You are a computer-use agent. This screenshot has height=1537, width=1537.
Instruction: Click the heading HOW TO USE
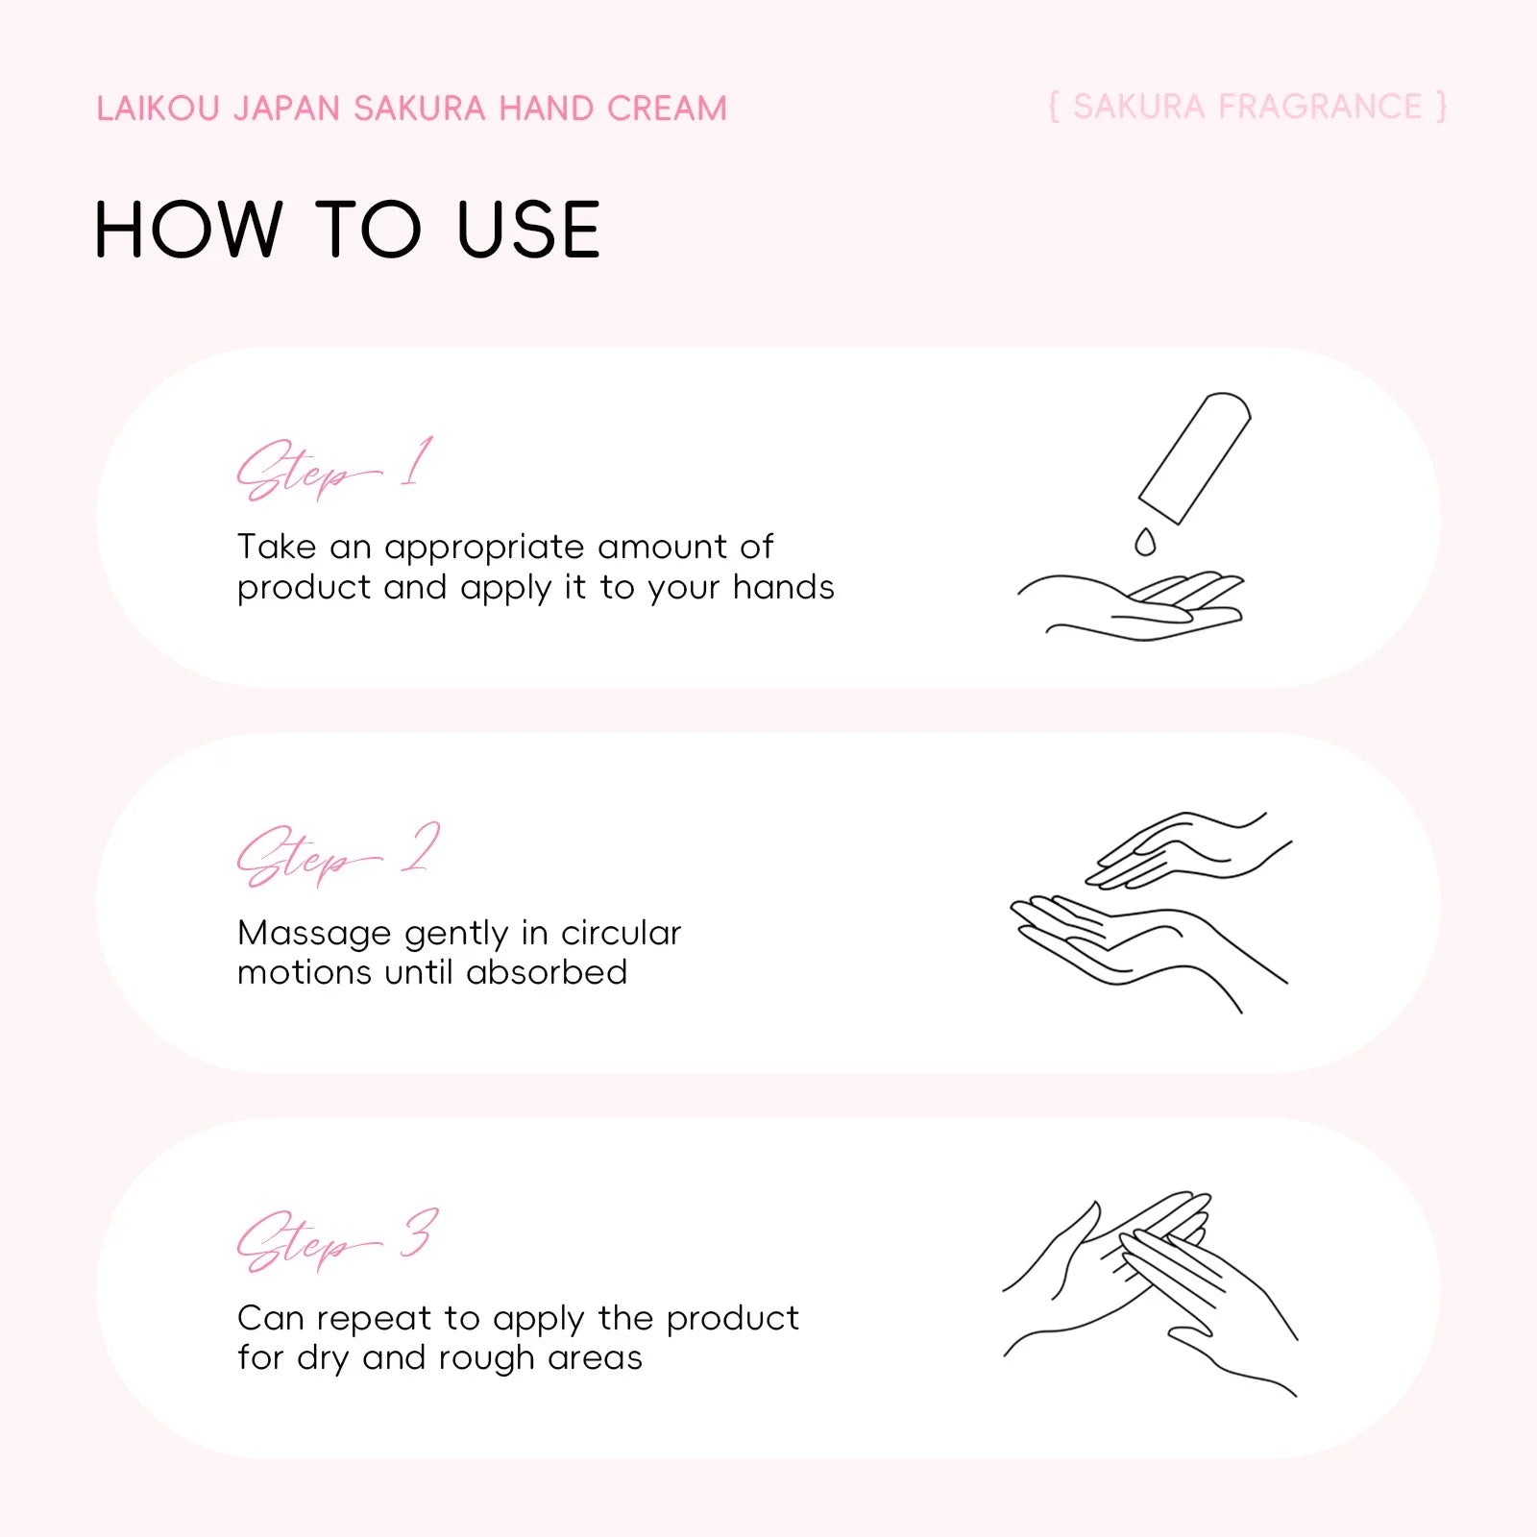(x=348, y=231)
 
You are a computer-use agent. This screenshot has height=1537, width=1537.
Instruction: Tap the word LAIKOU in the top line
(x=159, y=109)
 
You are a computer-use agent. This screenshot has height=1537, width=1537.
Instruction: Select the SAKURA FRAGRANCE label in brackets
(x=1247, y=107)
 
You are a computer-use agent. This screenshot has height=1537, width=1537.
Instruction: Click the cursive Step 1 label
(x=335, y=469)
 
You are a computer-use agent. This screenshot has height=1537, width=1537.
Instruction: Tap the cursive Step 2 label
(x=338, y=854)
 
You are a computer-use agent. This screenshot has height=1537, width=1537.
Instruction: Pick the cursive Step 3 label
(x=338, y=1239)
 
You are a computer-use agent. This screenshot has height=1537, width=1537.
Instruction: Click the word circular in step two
(x=621, y=933)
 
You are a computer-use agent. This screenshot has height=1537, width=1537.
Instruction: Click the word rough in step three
(x=487, y=1359)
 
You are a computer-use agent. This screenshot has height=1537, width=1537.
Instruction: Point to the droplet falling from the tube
(x=1144, y=542)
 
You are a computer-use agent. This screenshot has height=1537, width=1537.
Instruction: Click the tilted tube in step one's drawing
(x=1195, y=457)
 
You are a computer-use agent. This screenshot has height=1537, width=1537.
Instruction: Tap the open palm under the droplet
(x=1132, y=606)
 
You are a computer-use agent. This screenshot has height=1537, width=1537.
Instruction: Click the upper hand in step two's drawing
(x=1189, y=849)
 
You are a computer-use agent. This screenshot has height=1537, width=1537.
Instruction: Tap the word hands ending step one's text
(x=784, y=587)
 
